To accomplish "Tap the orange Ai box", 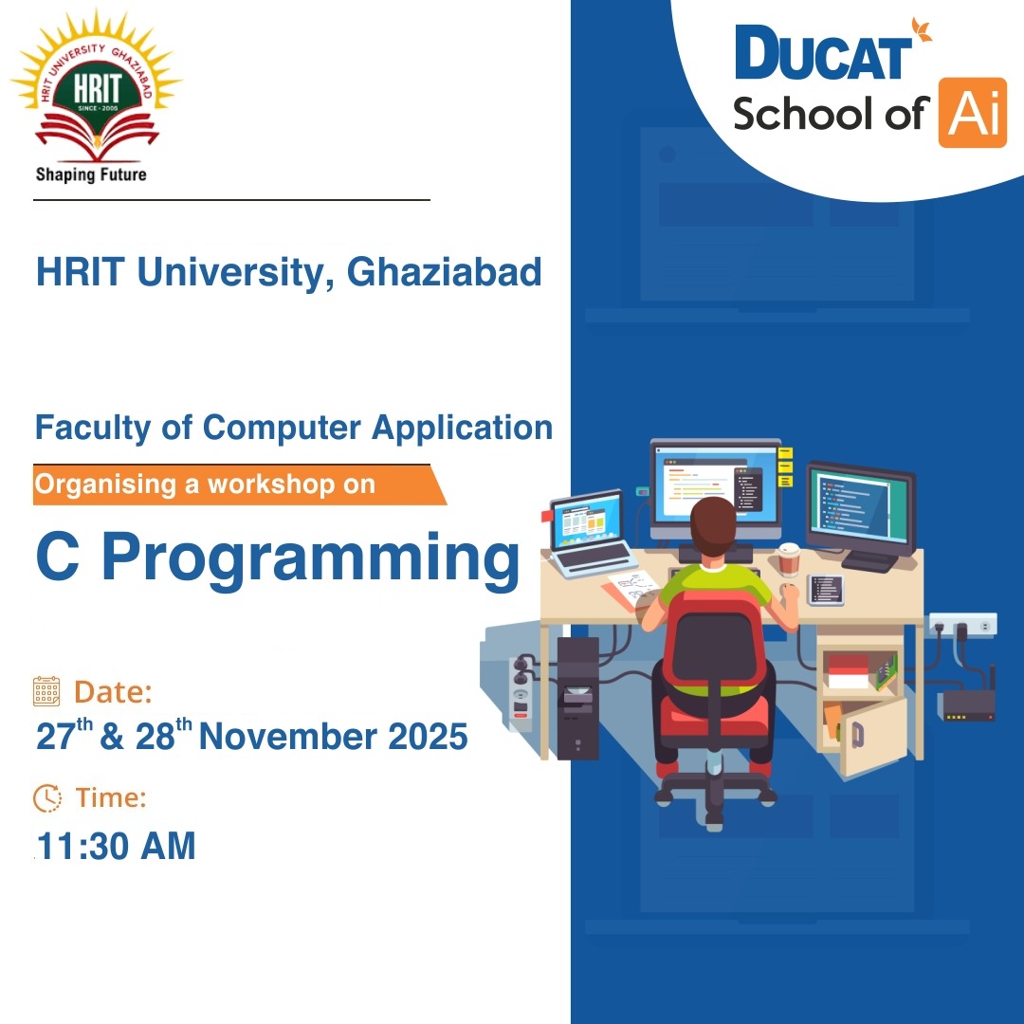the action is [973, 112].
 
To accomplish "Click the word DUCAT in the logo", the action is [824, 53].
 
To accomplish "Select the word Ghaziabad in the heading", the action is [444, 272].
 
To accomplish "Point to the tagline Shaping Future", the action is [91, 174].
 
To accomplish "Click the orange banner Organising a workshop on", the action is [239, 485].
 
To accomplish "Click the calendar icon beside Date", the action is [46, 691].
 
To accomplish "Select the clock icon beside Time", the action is [47, 797].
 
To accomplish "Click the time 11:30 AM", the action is [117, 846].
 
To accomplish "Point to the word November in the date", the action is [287, 737].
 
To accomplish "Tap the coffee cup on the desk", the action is [789, 559].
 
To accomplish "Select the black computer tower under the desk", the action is [577, 698].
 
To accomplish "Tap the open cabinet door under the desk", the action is [872, 736].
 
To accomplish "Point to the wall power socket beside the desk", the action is [963, 624].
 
